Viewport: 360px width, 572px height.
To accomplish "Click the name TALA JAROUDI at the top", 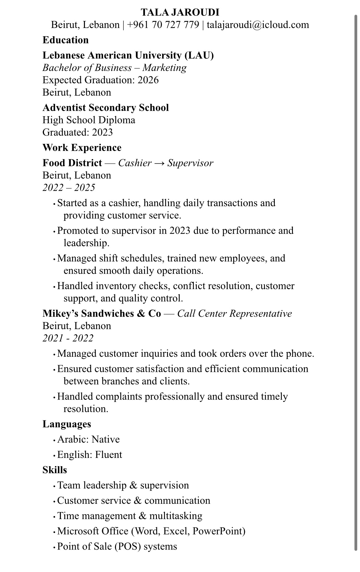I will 180,12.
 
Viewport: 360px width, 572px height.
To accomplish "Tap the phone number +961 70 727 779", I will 163,25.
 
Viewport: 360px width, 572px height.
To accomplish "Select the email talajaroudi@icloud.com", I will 258,25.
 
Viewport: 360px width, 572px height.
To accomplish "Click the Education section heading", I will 66,40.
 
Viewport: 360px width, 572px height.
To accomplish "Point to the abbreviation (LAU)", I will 199,55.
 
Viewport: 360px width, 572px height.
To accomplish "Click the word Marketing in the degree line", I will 164,68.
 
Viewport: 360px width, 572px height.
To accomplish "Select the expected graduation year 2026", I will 148,80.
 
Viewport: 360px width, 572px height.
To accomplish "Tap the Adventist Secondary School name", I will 106,108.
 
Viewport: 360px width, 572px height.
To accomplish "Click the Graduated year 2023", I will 102,132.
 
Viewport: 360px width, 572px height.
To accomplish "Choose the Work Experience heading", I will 82,148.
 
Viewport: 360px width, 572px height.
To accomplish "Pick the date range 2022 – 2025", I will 69,188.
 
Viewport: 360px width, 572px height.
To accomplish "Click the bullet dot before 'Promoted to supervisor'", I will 54,231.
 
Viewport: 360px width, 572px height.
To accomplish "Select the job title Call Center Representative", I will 234,313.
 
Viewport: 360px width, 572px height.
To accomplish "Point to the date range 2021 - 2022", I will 68,338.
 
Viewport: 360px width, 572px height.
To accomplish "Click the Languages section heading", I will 67,424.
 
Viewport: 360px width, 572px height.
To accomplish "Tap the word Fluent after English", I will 109,455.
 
